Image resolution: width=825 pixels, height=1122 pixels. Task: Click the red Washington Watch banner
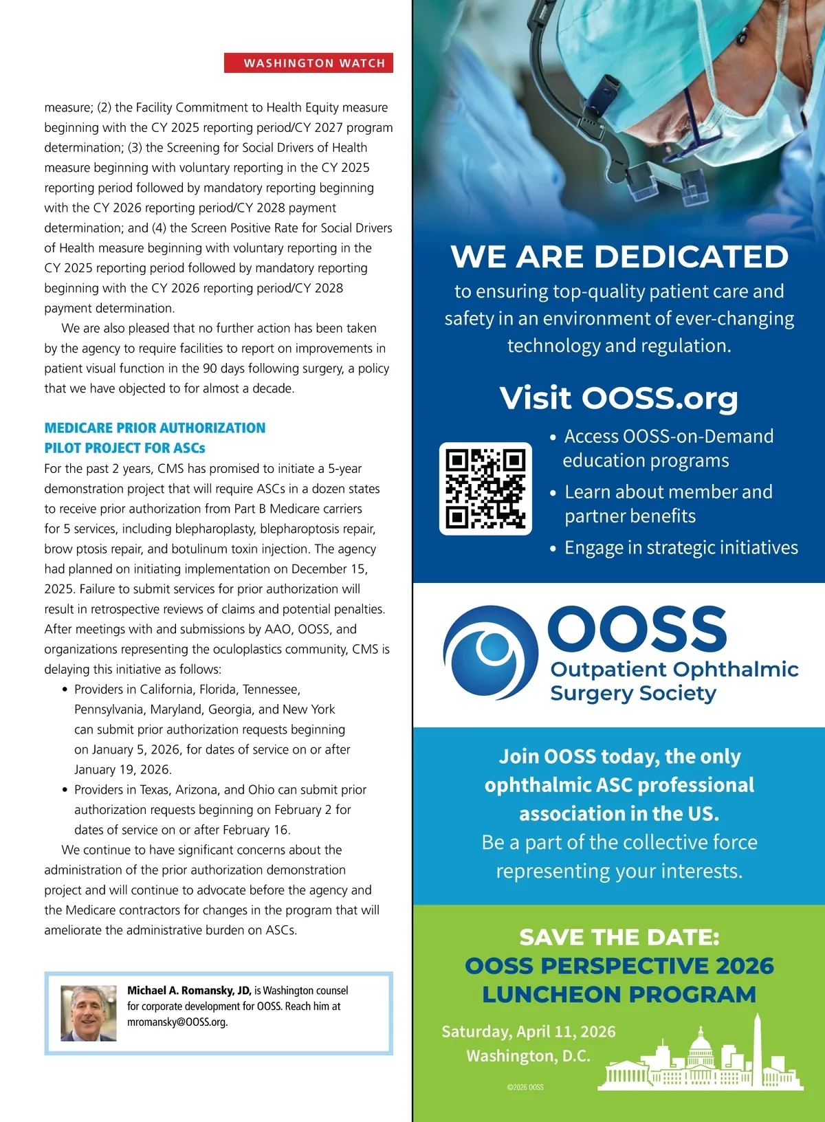tap(309, 63)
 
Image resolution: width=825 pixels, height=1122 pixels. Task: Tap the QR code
tap(485, 488)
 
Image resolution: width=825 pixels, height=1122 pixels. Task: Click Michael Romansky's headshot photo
tap(89, 1013)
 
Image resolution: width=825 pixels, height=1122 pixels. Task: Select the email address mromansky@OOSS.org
tap(177, 1022)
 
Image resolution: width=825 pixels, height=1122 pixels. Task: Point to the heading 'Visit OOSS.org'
tap(619, 397)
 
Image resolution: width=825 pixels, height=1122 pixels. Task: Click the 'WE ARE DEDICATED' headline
tap(619, 256)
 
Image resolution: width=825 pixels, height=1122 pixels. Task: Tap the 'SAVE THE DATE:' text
tap(619, 937)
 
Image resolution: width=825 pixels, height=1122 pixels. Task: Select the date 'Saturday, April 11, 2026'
tap(529, 1031)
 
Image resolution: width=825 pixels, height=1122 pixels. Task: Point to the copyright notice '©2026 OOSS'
tap(525, 1087)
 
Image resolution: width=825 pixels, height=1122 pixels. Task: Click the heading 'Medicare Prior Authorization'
tap(155, 428)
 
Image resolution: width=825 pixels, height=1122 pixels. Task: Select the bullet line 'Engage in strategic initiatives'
tap(681, 547)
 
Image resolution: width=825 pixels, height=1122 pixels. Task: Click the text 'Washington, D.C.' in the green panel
tap(529, 1055)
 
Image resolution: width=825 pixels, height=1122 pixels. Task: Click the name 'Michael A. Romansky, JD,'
tap(189, 991)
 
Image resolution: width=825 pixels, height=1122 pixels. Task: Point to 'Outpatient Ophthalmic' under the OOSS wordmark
tap(674, 669)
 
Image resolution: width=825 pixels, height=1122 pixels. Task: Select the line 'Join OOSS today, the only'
tap(619, 756)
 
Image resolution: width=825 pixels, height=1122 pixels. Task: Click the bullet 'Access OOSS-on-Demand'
tap(668, 436)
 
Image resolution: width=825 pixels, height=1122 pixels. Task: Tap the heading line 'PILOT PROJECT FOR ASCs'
tap(125, 448)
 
